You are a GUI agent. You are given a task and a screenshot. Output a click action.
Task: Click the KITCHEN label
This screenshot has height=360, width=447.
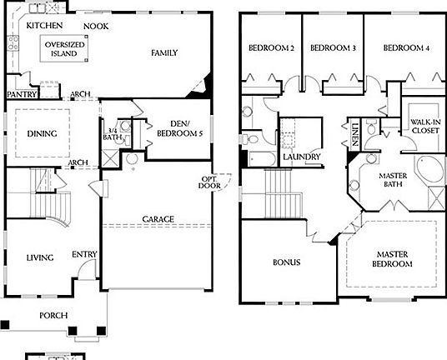pyautogui.click(x=45, y=26)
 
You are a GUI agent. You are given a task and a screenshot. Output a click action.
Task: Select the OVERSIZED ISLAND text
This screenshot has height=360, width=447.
pyautogui.click(x=63, y=48)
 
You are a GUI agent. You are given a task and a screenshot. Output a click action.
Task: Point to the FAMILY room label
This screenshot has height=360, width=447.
pyautogui.click(x=164, y=53)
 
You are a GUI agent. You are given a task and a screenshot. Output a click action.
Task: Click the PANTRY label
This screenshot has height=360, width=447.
pyautogui.click(x=19, y=94)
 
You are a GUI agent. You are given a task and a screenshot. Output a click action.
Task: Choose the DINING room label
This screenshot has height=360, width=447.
pyautogui.click(x=42, y=132)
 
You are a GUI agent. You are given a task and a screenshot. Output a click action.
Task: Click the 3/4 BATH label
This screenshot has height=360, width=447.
pyautogui.click(x=111, y=133)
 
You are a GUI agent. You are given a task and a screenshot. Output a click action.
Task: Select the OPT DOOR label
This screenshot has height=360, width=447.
pyautogui.click(x=208, y=182)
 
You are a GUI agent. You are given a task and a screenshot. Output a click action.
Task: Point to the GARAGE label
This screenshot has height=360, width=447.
pyautogui.click(x=158, y=219)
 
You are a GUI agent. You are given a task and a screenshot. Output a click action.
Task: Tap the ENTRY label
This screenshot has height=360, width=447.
pyautogui.click(x=83, y=254)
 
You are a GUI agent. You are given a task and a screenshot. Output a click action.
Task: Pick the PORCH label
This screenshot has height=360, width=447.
pyautogui.click(x=54, y=316)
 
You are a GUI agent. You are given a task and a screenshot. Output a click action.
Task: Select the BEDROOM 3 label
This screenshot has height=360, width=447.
pyautogui.click(x=333, y=48)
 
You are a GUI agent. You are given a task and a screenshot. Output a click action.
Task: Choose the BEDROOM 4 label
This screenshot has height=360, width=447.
pyautogui.click(x=406, y=48)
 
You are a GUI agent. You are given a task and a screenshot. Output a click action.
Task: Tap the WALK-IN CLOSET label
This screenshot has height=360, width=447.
pyautogui.click(x=425, y=126)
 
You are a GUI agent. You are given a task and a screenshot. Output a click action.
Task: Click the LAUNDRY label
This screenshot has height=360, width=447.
pyautogui.click(x=302, y=157)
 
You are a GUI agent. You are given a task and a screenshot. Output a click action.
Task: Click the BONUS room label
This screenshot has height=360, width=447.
pyautogui.click(x=286, y=262)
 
